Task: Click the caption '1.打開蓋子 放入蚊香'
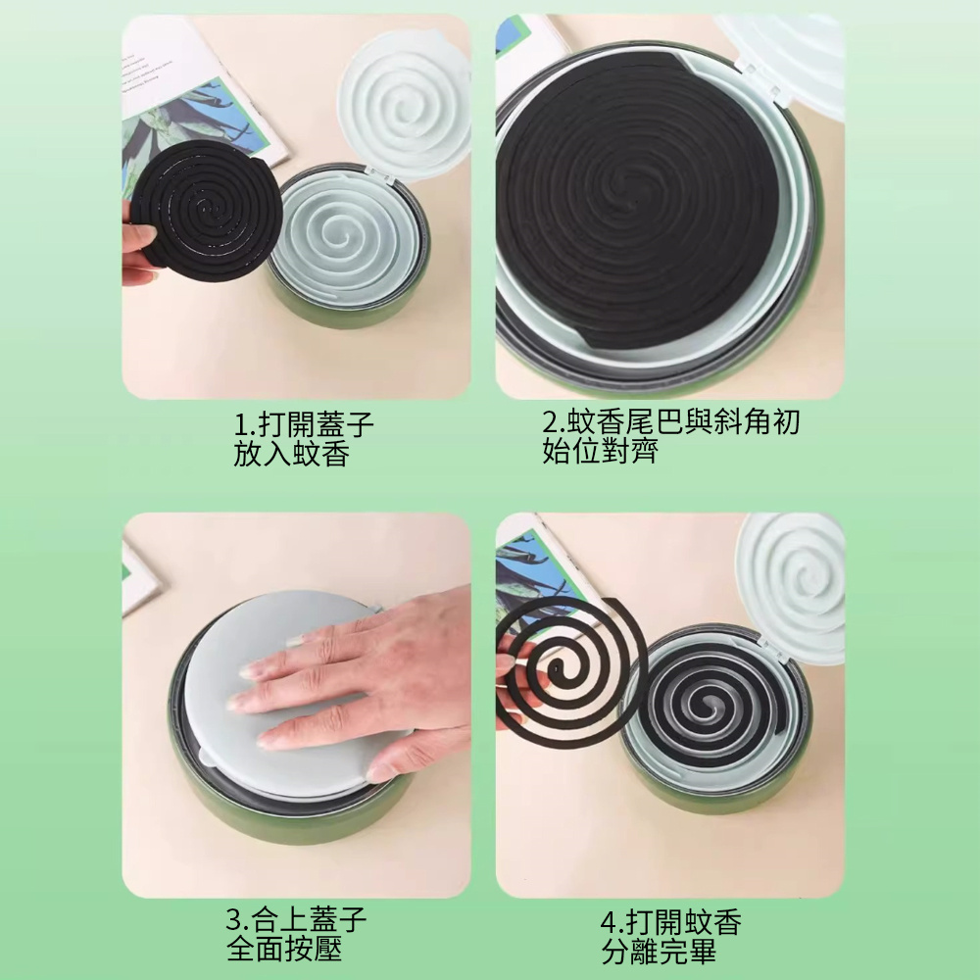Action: (x=304, y=439)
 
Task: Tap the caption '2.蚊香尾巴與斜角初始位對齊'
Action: (x=670, y=436)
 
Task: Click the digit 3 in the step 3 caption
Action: (x=234, y=920)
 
